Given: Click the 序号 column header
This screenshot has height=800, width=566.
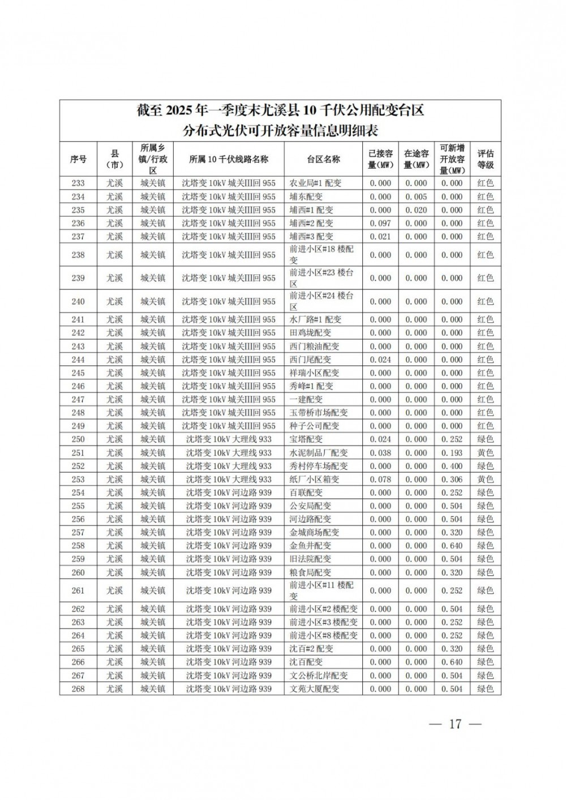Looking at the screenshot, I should point(78,159).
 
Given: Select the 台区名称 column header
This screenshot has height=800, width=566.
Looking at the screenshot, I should point(323,159).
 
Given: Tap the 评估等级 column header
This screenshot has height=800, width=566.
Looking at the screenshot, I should point(485,159).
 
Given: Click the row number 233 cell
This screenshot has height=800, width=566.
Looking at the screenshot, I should point(78,183).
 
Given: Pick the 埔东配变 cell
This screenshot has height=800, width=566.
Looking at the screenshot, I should point(306,197).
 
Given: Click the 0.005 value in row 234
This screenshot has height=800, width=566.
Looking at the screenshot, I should point(416,197).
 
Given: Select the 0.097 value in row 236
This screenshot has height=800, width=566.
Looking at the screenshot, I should point(380,223).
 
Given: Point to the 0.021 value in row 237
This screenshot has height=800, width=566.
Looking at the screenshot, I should point(380,236).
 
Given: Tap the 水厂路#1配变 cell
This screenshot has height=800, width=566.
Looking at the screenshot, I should point(315,320).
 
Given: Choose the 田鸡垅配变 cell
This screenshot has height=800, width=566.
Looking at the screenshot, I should point(310,333).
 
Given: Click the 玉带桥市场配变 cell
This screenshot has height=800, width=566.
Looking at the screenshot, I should point(319,413).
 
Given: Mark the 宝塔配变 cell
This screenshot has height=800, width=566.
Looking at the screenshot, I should point(306,439).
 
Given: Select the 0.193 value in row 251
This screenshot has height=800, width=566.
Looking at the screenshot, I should point(452,453).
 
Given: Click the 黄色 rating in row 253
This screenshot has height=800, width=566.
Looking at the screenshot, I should point(485,479).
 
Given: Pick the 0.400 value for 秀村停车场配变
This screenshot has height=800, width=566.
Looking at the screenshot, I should point(452,466).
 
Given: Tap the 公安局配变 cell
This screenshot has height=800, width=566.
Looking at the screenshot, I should point(310,506).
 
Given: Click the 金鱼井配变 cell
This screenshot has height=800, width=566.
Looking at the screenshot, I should point(310,546).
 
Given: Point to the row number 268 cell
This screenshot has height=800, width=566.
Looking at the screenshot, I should point(78,689).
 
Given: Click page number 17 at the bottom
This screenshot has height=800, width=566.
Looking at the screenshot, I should point(455,724).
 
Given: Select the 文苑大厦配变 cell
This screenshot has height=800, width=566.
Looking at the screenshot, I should point(314,689).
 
